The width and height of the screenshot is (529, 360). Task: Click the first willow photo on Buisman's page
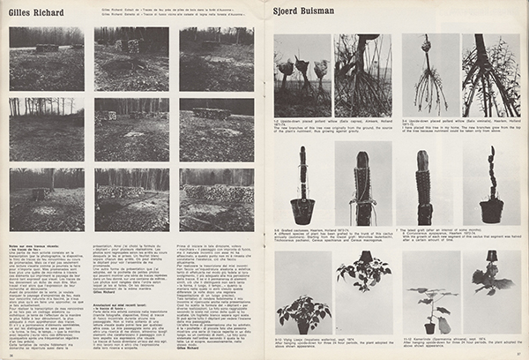302,76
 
